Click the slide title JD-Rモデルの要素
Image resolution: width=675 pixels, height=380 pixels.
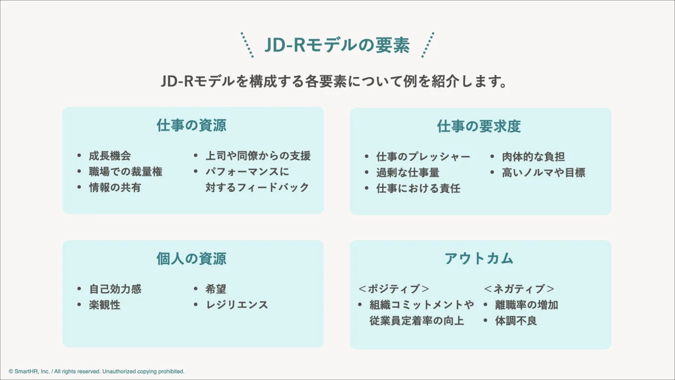coord(337,46)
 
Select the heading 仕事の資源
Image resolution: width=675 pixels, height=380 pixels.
coord(192,125)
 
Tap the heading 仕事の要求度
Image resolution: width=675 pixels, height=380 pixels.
coord(479,126)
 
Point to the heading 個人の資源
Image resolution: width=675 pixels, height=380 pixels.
coord(192,258)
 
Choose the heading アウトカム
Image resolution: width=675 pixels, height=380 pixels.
coord(479,258)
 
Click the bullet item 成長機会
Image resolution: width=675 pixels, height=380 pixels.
coord(110,156)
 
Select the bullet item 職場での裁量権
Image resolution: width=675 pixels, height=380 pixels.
coord(126,172)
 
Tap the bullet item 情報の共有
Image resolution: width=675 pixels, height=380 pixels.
coord(115,188)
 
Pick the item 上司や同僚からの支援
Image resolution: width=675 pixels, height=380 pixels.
coord(258,156)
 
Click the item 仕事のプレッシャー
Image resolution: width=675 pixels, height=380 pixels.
coord(423,157)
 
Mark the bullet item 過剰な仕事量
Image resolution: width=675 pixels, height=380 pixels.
coord(407,173)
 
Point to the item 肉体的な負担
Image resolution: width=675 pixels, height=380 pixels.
coord(533,157)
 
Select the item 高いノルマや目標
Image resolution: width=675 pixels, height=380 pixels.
coord(543,173)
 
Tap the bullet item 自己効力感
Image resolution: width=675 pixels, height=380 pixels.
coord(115,289)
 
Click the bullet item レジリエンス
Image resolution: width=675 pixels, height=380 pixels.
coord(237,305)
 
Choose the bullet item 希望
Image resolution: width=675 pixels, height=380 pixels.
coord(216,289)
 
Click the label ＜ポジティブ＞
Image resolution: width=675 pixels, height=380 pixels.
coord(394,289)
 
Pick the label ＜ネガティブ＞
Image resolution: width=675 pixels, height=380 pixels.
coord(519,289)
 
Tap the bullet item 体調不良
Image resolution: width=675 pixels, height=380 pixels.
coord(516,321)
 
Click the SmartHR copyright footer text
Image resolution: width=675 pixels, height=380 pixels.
coord(97,372)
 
